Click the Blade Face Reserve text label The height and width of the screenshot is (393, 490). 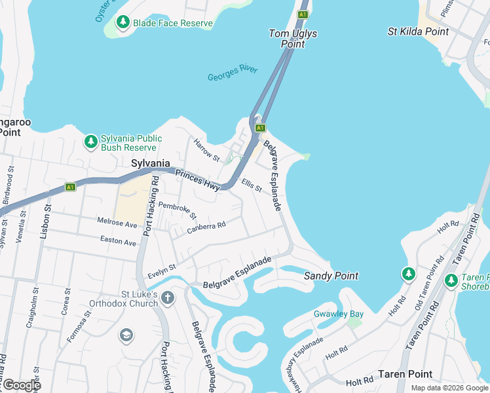(173, 24)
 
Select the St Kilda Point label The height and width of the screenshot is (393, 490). (418, 31)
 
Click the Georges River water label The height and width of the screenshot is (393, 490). (233, 73)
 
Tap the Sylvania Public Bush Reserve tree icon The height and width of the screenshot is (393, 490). (90, 141)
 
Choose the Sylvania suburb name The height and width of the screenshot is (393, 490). (151, 163)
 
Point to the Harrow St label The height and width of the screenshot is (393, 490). (206, 149)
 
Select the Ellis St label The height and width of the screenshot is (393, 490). (252, 185)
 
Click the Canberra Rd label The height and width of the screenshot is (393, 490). (206, 227)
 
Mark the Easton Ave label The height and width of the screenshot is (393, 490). (118, 242)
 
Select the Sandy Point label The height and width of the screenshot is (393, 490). (331, 276)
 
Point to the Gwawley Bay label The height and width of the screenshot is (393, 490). (338, 314)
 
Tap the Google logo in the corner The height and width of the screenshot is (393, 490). (22, 385)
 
